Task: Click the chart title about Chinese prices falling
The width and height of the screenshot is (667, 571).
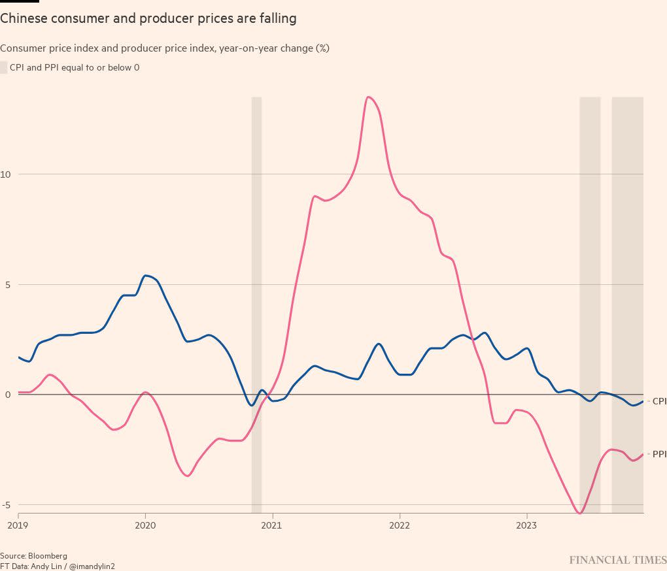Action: click(x=148, y=19)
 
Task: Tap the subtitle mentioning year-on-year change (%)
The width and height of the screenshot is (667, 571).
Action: click(x=164, y=48)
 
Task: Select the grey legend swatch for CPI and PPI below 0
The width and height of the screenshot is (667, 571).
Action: click(x=4, y=67)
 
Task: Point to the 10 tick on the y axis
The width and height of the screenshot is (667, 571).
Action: click(x=5, y=174)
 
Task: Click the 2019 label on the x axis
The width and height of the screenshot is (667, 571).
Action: click(x=18, y=525)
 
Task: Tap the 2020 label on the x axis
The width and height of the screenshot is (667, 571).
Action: click(x=145, y=525)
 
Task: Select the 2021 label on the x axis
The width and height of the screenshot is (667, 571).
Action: click(x=272, y=525)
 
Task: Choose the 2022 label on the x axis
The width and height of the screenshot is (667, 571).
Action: click(x=400, y=525)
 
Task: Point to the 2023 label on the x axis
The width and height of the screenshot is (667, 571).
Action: click(x=527, y=525)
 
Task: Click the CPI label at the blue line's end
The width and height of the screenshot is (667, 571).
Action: click(x=659, y=402)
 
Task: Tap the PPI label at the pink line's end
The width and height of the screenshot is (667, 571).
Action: click(x=659, y=454)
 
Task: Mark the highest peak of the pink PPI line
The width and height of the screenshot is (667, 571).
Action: click(x=369, y=97)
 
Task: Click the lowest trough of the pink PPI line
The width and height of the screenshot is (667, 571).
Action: click(x=579, y=514)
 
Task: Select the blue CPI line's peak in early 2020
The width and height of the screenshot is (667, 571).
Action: click(x=145, y=276)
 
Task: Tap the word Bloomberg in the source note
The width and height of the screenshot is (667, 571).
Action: click(x=48, y=557)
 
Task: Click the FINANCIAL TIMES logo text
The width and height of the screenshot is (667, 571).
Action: click(x=617, y=561)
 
